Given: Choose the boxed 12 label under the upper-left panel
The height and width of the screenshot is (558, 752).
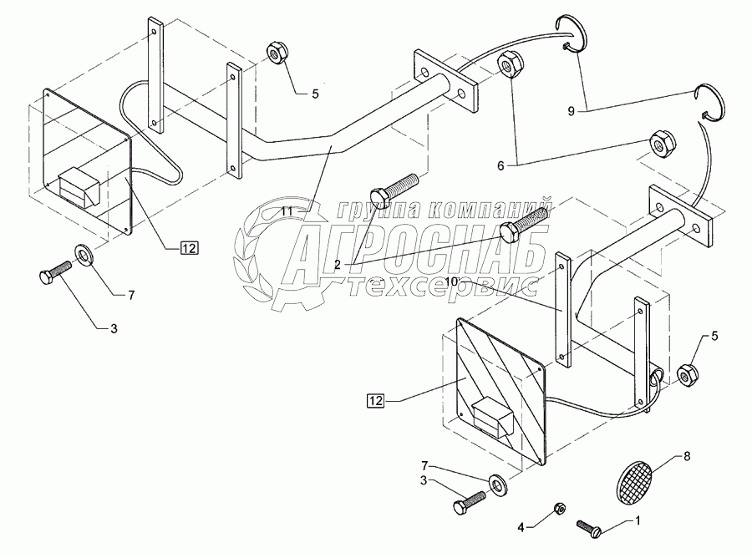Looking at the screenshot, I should pyautogui.click(x=190, y=246).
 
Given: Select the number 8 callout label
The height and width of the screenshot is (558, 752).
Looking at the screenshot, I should pyautogui.click(x=688, y=455).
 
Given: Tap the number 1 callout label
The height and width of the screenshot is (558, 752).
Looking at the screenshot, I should pyautogui.click(x=639, y=521).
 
